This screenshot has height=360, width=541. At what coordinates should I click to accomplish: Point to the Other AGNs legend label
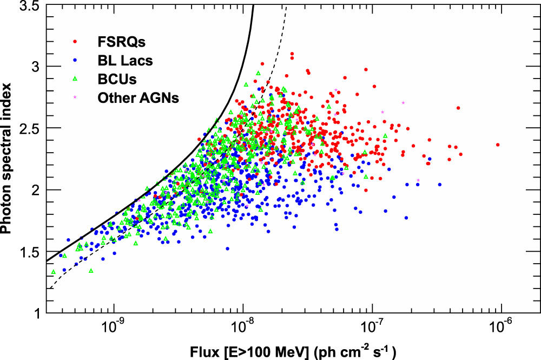pos(138,98)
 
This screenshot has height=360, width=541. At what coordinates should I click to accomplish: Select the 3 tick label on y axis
pos(35,67)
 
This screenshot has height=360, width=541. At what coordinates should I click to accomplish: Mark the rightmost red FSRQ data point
pos(498,145)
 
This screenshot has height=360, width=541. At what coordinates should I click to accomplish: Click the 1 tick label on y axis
pos(36,313)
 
